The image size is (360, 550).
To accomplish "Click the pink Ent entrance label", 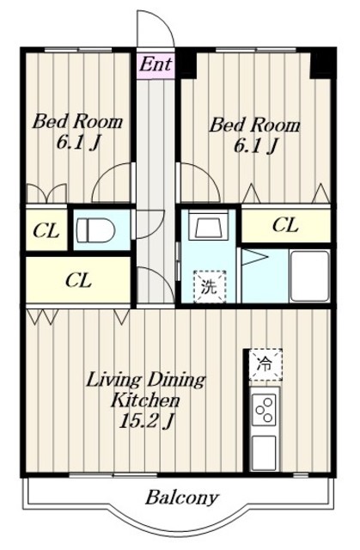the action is point(156,64).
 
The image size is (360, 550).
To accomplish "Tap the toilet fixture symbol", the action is point(95,230).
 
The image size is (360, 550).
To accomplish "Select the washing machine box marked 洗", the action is point(210,286).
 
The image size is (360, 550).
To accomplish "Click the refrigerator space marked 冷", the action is point(265,364).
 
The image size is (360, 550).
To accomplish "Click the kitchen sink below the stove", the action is point(265,453).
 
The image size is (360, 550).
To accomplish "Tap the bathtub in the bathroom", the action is point(310,276).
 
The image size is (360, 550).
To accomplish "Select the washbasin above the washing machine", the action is point(208,226).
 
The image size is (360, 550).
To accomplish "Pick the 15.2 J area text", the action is point(146,421).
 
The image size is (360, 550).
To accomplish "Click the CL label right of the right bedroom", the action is point(285,225).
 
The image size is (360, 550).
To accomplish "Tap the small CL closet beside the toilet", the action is point(46,231).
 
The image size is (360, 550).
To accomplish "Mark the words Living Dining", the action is point(145,381).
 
